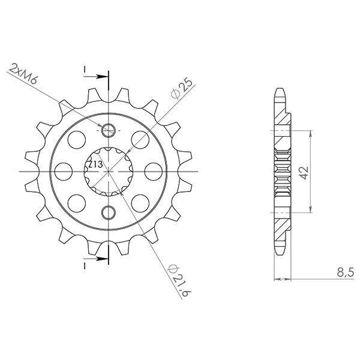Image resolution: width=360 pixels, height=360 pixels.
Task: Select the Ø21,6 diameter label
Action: pyautogui.click(x=180, y=280)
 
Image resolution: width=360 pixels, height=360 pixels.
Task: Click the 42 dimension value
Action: pyautogui.click(x=305, y=172)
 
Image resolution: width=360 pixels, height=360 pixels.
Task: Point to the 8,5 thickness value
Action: pyautogui.click(x=346, y=273)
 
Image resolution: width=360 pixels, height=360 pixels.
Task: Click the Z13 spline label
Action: pyautogui.click(x=95, y=164)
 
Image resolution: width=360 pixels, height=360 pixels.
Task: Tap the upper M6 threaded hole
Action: pyautogui.click(x=108, y=131)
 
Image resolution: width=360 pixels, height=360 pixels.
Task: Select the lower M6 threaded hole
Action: pyautogui.click(x=108, y=212)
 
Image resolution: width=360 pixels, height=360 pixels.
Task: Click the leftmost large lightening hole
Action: pyautogui.click(x=64, y=172)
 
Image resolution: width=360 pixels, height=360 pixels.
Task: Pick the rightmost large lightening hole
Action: pyautogui.click(x=154, y=172)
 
